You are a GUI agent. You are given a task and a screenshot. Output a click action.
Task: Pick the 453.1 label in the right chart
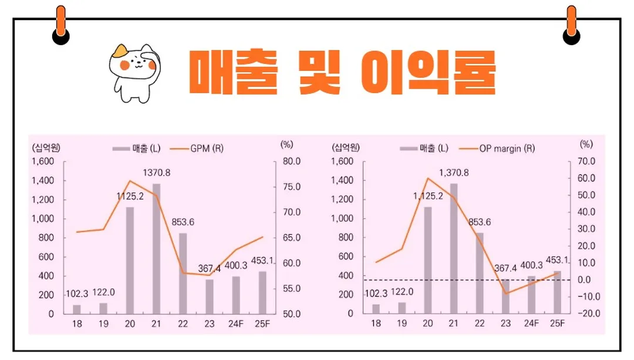[x=555, y=260]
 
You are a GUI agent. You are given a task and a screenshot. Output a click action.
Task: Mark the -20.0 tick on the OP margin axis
[x=588, y=314]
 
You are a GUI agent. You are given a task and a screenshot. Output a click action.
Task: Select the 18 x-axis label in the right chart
[x=376, y=324]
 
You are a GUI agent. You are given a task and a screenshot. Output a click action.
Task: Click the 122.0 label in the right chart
[x=402, y=292]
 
